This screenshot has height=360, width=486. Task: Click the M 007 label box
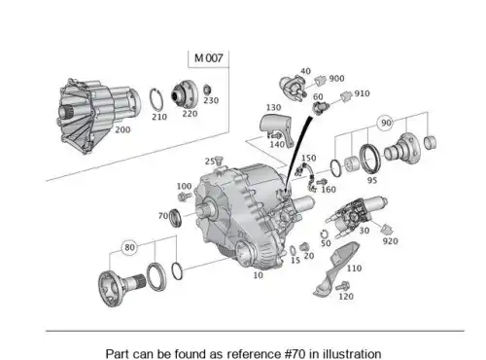[208, 58]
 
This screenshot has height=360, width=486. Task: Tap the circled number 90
[386, 123]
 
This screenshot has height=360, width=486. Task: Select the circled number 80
[129, 247]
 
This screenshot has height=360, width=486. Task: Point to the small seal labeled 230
[207, 90]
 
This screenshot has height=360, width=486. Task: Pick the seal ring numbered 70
[175, 218]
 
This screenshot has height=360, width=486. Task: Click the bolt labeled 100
[185, 196]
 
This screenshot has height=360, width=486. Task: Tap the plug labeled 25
[219, 160]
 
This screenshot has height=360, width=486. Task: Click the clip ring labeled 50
[324, 234]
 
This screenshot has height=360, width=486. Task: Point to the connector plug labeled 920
[387, 230]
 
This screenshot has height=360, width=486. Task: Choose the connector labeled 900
[320, 80]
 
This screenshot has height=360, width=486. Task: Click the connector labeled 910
[346, 95]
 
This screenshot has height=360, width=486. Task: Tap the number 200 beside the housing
[122, 129]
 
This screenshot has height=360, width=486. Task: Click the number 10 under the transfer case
[258, 275]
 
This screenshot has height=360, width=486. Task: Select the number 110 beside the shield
[354, 269]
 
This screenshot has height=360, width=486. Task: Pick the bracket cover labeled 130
[276, 127]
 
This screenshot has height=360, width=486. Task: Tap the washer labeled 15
[293, 251]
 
